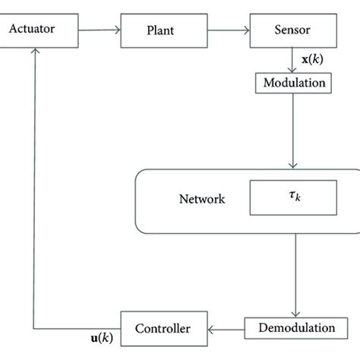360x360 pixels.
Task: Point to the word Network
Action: pyautogui.click(x=201, y=201)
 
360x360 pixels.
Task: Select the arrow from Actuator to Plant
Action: pyautogui.click(x=100, y=31)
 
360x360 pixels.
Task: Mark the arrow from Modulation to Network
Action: pyautogui.click(x=292, y=133)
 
